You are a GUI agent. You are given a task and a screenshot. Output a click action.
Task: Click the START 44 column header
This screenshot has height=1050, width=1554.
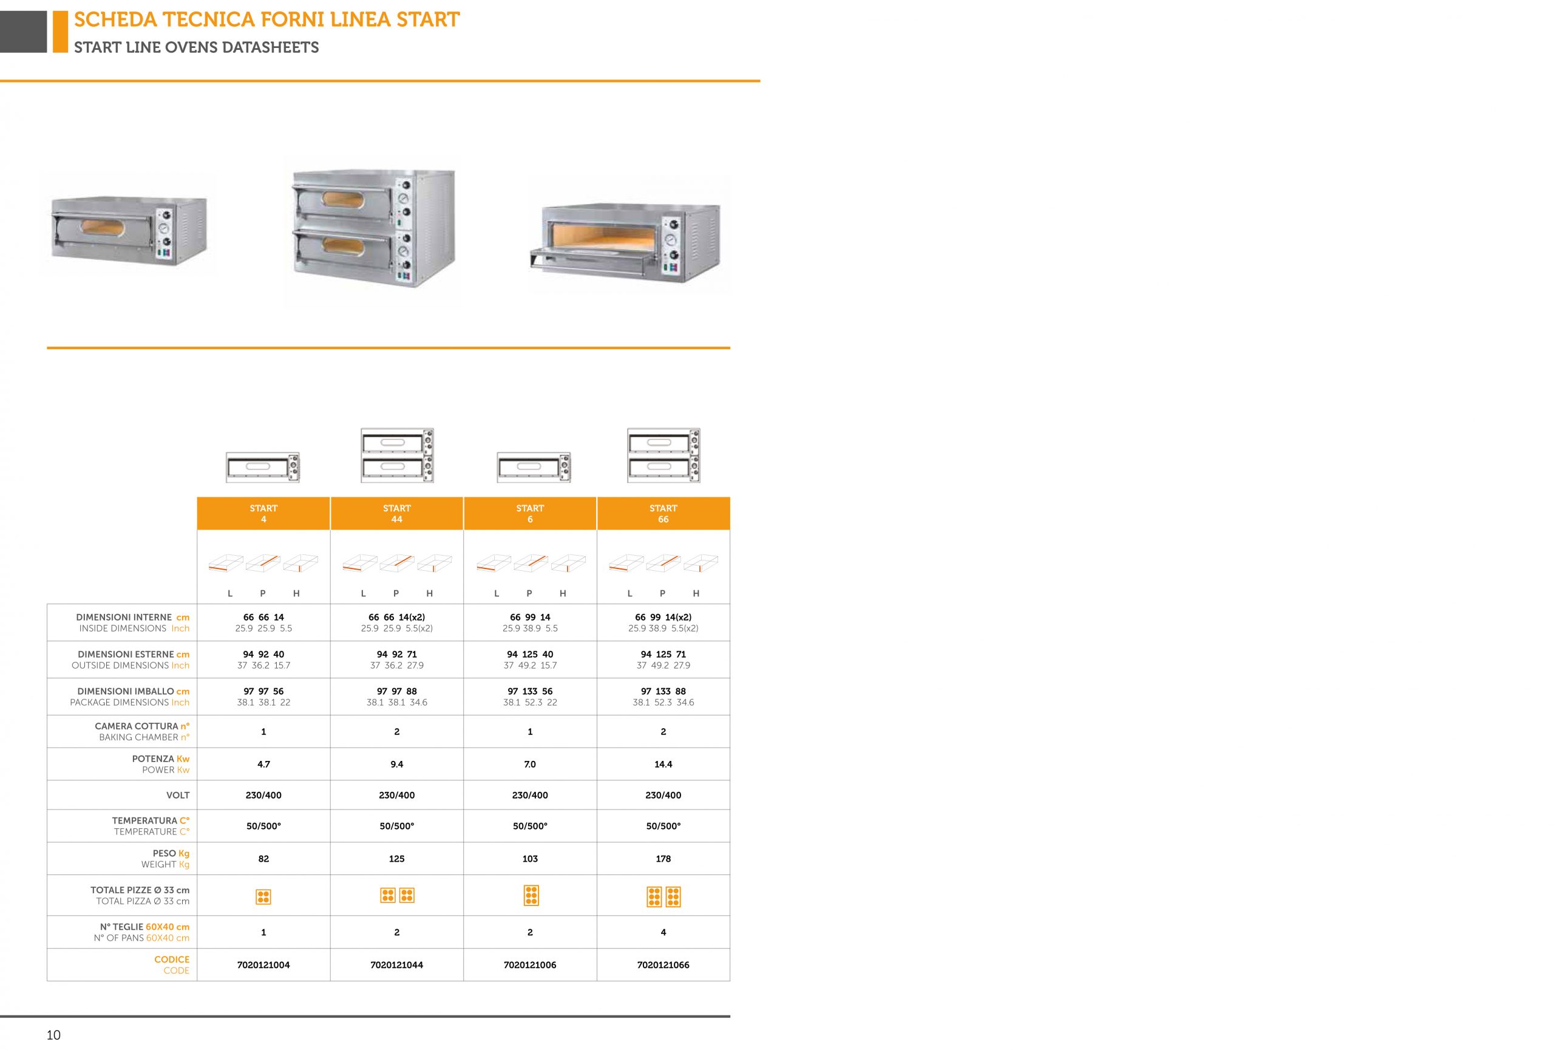coord(396,514)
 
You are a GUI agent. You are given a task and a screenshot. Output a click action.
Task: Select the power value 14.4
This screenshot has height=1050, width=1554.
coord(663,764)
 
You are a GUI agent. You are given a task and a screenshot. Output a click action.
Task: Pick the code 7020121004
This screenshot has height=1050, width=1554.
coord(263,964)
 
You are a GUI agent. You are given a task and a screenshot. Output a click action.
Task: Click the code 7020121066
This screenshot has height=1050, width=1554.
coord(663,964)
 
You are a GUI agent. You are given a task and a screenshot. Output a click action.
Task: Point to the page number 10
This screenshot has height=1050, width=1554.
coord(53,1035)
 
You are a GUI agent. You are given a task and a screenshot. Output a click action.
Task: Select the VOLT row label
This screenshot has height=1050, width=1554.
coord(178,795)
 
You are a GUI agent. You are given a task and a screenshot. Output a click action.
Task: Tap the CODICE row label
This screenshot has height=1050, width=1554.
coord(172,964)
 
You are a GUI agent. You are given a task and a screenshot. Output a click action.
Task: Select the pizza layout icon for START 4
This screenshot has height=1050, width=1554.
coord(263,897)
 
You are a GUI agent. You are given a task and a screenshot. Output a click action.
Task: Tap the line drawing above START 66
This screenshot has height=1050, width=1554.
coord(663,455)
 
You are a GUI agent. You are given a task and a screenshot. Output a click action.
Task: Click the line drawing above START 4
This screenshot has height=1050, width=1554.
coord(263,467)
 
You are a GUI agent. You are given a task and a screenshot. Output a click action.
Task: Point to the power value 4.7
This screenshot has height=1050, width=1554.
coord(263,764)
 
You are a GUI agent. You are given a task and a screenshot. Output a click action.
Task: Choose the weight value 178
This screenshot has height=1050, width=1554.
coord(663,858)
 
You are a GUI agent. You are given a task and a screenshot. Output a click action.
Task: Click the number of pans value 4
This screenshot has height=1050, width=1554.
coord(663,932)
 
